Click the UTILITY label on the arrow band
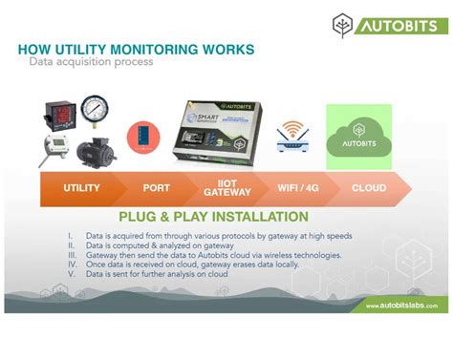tap(81, 188)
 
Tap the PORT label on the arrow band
tap(156, 188)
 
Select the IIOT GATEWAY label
tap(227, 188)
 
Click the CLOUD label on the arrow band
tap(368, 188)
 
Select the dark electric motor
tap(96, 149)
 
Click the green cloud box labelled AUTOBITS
tap(359, 137)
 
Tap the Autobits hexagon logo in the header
tap(343, 26)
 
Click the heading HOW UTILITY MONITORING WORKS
tap(136, 49)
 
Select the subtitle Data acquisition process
tap(91, 62)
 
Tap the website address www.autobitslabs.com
tap(401, 306)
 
